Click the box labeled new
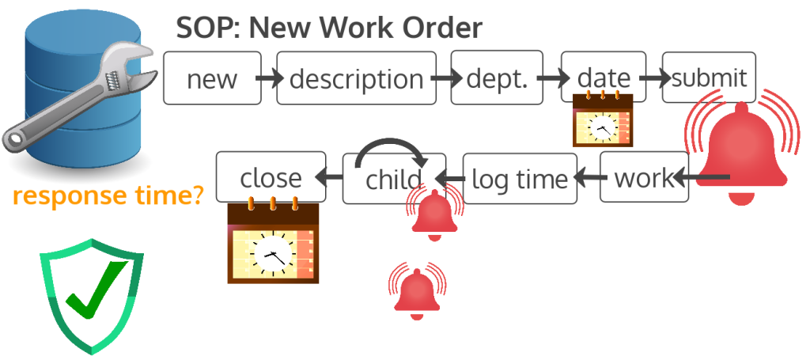(x=212, y=78)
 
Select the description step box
(x=356, y=78)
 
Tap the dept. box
(x=497, y=78)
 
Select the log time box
(x=519, y=179)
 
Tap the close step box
(x=271, y=176)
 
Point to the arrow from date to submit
(x=653, y=78)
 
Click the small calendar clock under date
(x=603, y=119)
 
